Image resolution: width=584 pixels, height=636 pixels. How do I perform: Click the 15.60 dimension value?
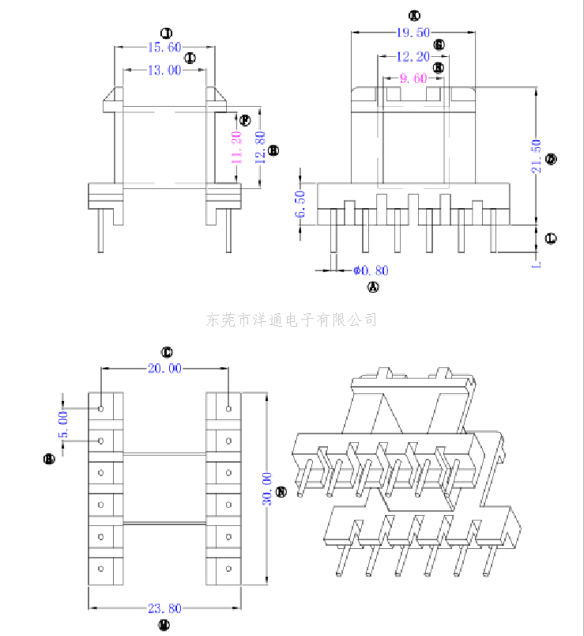(x=164, y=47)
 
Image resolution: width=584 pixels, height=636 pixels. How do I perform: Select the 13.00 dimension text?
(x=164, y=70)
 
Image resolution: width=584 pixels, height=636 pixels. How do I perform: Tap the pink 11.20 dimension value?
(x=236, y=148)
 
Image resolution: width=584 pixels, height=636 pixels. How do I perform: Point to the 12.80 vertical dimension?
(x=259, y=148)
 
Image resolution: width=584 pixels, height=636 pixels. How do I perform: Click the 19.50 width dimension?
(x=413, y=32)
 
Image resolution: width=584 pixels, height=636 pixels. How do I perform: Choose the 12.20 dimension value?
(x=413, y=57)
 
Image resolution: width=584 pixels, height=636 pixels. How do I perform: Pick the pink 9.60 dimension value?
(x=413, y=78)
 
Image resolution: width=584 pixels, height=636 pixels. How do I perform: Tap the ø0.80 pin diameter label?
(x=369, y=271)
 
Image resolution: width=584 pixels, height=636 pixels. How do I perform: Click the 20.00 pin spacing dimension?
(x=164, y=368)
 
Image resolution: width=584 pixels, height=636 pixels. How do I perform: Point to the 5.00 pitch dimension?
(x=63, y=424)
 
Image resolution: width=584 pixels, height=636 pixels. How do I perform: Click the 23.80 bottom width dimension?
(x=164, y=608)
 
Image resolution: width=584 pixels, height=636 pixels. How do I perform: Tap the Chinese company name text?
(x=292, y=320)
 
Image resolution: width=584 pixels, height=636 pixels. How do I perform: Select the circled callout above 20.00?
(x=167, y=352)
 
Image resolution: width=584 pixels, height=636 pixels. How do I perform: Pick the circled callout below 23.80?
(x=164, y=625)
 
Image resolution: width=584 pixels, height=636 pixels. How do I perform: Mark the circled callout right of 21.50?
(x=552, y=159)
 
